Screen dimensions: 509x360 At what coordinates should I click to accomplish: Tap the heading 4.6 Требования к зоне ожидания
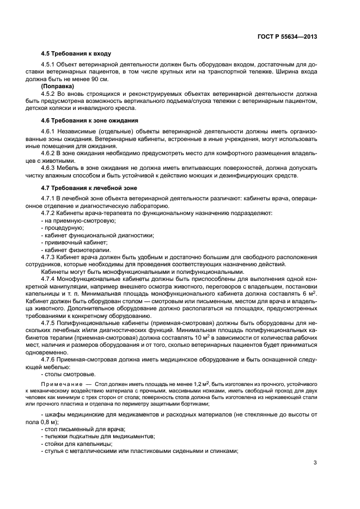pos(90,120)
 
